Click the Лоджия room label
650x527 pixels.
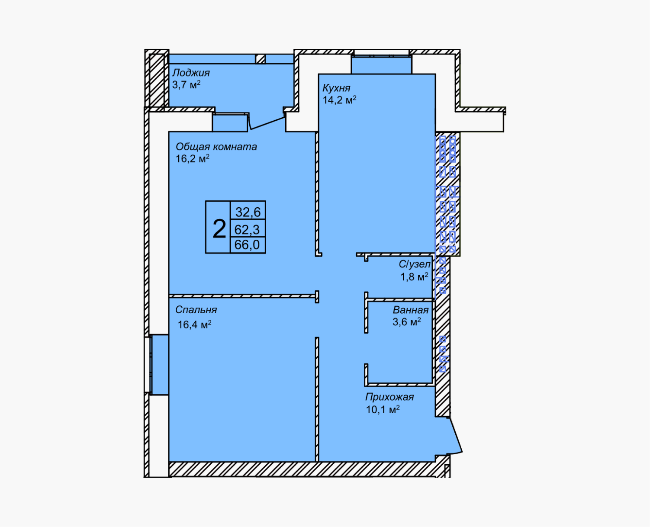tap(191, 73)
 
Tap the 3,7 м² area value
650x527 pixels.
tap(186, 84)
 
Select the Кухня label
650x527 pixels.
tap(336, 88)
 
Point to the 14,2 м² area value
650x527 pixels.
tap(339, 100)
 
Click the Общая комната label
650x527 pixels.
tap(216, 147)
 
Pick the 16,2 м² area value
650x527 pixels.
tap(192, 159)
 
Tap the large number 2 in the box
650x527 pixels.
tap(219, 229)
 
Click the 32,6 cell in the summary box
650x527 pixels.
tap(248, 212)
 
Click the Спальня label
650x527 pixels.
tap(196, 310)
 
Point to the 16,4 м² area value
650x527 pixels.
tap(194, 325)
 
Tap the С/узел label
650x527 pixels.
tap(415, 264)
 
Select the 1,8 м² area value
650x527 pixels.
tap(414, 277)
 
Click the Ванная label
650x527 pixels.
tap(410, 310)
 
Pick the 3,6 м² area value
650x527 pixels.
tap(406, 321)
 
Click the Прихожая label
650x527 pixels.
tap(389, 397)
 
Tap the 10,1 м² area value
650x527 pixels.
tap(383, 409)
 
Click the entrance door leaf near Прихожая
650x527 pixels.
tap(456, 434)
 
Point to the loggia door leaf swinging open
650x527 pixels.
tap(267, 123)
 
